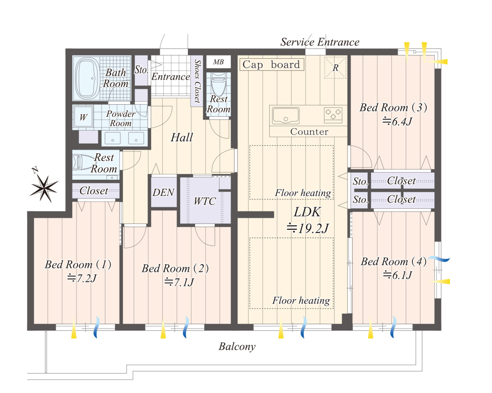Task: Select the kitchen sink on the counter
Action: pyautogui.click(x=285, y=115)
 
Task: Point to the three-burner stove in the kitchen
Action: pyautogui.click(x=333, y=114)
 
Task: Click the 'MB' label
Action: pyautogui.click(x=218, y=62)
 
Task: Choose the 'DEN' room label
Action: pyautogui.click(x=163, y=192)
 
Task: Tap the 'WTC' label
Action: pyautogui.click(x=205, y=201)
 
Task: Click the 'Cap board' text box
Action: pyautogui.click(x=271, y=65)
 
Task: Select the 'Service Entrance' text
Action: pyautogui.click(x=320, y=42)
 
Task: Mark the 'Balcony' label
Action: pyautogui.click(x=237, y=347)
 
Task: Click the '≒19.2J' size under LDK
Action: pyautogui.click(x=308, y=228)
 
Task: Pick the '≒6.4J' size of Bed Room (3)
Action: pyautogui.click(x=397, y=121)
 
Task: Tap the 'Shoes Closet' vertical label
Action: pyautogui.click(x=197, y=81)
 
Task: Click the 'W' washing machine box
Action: pyautogui.click(x=83, y=117)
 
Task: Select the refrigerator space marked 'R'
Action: pyautogui.click(x=335, y=67)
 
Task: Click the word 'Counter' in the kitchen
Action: pyautogui.click(x=310, y=132)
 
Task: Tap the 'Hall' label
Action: pyautogui.click(x=182, y=137)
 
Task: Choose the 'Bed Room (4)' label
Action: pyautogui.click(x=394, y=261)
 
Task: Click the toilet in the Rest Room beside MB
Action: pyautogui.click(x=219, y=85)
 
